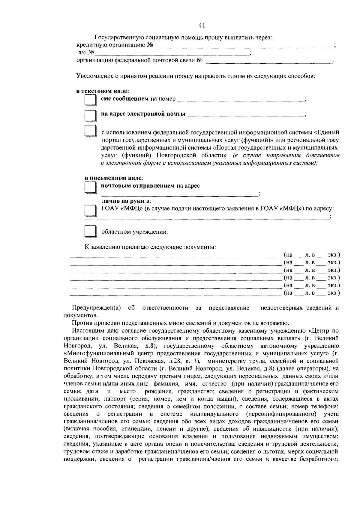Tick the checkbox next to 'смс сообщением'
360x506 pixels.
[90, 100]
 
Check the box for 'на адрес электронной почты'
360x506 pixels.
[90, 115]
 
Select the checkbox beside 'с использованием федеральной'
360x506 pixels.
[90, 132]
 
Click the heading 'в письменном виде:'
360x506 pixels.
[105, 178]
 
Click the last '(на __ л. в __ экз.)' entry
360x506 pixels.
[311, 293]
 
